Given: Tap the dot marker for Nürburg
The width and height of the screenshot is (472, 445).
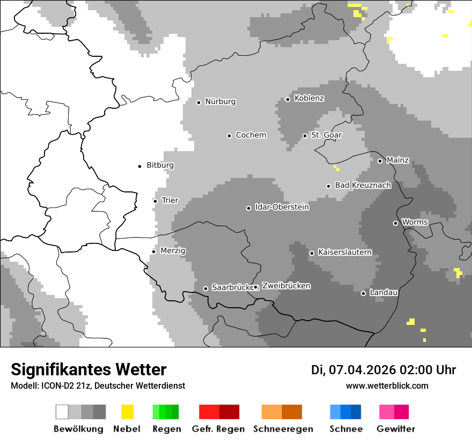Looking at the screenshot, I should tap(198, 102).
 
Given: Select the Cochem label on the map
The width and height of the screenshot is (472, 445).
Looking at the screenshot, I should tap(250, 135).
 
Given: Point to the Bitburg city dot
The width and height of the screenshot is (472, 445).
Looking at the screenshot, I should tap(140, 166).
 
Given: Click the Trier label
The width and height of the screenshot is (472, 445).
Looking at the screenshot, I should tap(169, 201).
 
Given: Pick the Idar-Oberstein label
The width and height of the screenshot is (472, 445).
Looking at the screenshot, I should tap(282, 207).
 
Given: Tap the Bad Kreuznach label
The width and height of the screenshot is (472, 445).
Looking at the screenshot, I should tap(363, 185).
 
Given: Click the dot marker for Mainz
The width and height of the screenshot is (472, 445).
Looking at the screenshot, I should tap(380, 161).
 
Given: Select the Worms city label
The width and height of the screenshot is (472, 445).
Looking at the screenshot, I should tap(415, 222).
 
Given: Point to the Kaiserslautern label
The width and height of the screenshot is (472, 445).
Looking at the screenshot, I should tap(344, 252).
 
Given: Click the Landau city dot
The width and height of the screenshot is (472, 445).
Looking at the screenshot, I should tap(363, 293).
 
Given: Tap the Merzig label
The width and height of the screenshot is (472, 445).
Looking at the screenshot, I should tap(173, 250).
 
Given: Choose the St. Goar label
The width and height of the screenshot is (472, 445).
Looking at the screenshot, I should tap(326, 135).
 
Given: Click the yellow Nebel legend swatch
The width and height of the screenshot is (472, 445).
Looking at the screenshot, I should tap(127, 412).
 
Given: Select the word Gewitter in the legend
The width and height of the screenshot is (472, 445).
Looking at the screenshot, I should tap(396, 429).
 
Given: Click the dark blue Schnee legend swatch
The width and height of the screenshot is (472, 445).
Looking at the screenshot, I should tap(356, 412).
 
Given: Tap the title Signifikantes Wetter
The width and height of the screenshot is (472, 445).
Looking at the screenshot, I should tap(88, 369).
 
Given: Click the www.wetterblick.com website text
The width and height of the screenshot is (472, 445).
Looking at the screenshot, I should tap(387, 385).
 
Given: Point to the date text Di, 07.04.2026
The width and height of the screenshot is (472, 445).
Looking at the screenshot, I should tap(353, 369).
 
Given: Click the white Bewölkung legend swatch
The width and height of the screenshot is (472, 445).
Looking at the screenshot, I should tap(62, 412).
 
